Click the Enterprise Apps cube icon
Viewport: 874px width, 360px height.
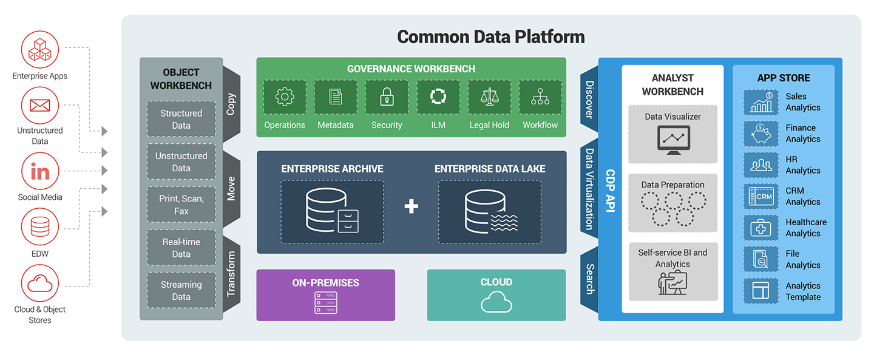(x=40, y=49)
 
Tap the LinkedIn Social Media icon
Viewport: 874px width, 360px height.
(x=40, y=172)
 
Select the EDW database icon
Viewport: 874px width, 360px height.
(x=40, y=226)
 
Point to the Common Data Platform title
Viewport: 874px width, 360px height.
(x=490, y=37)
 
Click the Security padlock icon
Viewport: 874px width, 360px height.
(x=387, y=97)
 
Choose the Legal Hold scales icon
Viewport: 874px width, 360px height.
(x=489, y=97)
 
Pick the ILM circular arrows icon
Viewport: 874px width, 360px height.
(x=438, y=97)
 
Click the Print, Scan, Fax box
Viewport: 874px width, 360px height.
(x=181, y=205)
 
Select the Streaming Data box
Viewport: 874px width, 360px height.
(x=181, y=290)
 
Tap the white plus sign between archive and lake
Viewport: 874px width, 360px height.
(x=412, y=207)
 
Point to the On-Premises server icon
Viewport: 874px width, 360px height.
(x=326, y=302)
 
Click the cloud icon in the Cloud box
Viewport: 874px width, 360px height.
(x=496, y=302)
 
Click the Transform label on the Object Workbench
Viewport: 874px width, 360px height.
(x=231, y=279)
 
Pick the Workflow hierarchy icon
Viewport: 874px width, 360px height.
(x=540, y=97)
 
